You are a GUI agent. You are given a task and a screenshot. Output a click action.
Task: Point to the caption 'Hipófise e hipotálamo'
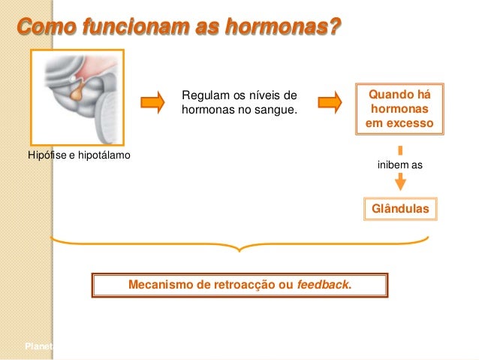(x=78, y=156)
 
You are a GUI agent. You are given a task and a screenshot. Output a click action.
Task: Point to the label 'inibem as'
(x=399, y=164)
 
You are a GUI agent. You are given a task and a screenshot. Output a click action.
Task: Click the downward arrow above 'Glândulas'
(x=401, y=180)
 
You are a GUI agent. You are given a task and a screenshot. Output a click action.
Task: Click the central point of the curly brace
(x=239, y=249)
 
